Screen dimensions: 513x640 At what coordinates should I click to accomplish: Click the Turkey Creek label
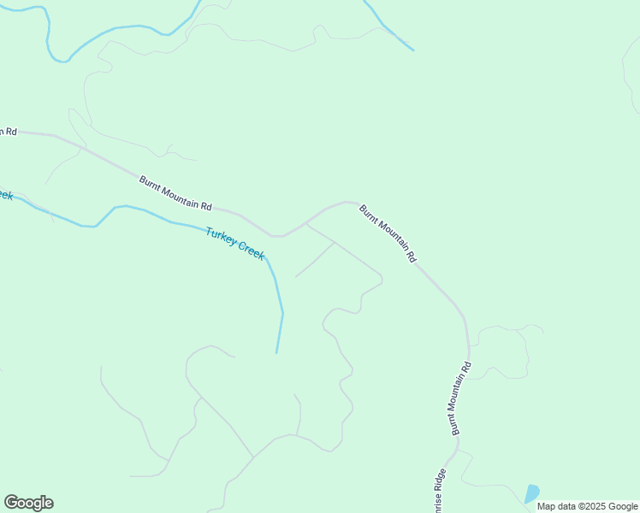[235, 242]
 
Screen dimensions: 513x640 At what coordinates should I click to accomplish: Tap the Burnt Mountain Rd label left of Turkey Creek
[175, 193]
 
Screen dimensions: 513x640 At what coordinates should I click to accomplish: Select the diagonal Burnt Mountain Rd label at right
[388, 233]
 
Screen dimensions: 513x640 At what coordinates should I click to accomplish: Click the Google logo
[28, 503]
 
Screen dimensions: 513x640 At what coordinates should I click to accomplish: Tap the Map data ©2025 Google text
[587, 506]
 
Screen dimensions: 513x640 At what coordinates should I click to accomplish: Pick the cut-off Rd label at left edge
[8, 131]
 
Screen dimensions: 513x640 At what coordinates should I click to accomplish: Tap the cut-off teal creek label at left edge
[5, 195]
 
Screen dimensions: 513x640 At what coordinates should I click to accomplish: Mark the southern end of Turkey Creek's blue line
[276, 351]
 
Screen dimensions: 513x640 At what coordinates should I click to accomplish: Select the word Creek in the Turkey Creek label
[250, 249]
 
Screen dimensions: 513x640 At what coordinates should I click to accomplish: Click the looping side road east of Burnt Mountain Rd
[505, 351]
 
